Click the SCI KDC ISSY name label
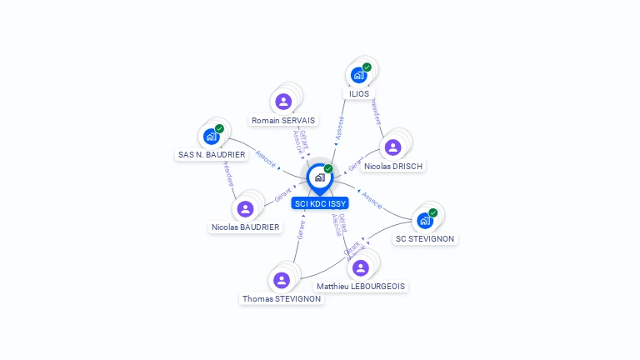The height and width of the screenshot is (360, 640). tap(320, 202)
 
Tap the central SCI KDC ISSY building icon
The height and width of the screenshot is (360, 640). tap(319, 177)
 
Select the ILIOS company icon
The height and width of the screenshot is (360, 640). tap(358, 75)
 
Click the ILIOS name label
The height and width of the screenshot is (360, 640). tap(359, 94)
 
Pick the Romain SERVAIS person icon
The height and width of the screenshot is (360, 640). tap(283, 102)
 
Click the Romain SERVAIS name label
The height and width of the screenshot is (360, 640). tap(283, 121)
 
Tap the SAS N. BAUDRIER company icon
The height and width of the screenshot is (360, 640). tap(212, 136)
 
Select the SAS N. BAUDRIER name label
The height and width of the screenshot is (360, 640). tap(212, 155)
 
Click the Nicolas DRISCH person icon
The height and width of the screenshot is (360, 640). tap(392, 147)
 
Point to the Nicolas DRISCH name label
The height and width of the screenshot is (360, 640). tap(393, 166)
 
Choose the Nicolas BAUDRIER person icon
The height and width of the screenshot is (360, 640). tap(245, 208)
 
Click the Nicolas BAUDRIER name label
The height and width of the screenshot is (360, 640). tap(246, 227)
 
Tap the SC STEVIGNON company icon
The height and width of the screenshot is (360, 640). tap(425, 220)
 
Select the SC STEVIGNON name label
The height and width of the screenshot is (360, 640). tap(426, 239)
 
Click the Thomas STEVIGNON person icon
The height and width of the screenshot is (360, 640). tap(282, 280)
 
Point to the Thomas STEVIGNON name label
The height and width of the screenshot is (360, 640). tap(282, 298)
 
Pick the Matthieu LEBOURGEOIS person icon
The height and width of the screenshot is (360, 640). tap(360, 267)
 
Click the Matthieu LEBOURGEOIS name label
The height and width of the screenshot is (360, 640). tap(361, 287)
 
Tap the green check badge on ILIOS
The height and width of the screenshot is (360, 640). tap(367, 67)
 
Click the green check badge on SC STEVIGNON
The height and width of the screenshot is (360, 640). tap(433, 212)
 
